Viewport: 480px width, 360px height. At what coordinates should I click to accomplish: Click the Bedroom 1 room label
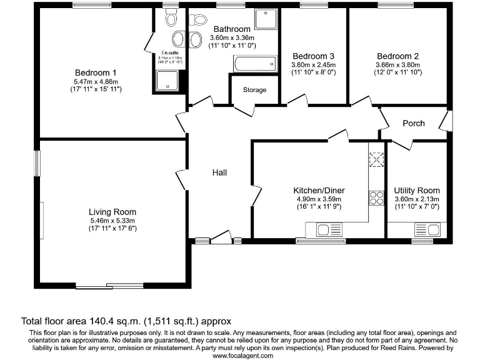96,72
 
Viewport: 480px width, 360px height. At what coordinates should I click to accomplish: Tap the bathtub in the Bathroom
254,63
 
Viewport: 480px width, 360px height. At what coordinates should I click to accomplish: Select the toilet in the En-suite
171,19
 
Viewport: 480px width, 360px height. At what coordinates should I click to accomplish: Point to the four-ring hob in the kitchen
377,198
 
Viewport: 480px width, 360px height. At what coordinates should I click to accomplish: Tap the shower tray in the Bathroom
268,21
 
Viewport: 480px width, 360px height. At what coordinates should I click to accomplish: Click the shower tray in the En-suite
167,80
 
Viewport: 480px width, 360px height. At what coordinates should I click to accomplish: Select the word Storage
255,90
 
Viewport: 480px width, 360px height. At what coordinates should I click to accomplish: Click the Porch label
413,123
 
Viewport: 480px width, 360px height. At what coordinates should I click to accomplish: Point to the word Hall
219,172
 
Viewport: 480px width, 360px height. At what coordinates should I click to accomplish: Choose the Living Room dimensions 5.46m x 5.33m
112,221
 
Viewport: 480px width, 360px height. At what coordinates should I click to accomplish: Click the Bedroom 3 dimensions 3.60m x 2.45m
314,65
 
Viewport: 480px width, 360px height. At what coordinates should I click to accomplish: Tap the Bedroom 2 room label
397,56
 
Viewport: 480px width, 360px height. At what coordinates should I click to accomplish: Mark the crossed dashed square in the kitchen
377,161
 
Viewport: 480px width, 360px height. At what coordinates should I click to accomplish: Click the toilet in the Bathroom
199,20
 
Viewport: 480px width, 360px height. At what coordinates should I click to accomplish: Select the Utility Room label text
416,191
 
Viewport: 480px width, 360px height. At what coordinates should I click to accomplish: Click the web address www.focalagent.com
242,355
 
